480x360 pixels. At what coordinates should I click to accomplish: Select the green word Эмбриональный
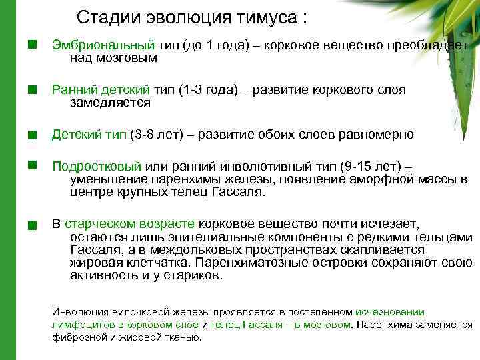(x=103, y=45)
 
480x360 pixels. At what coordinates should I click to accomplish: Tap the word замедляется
(x=110, y=103)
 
